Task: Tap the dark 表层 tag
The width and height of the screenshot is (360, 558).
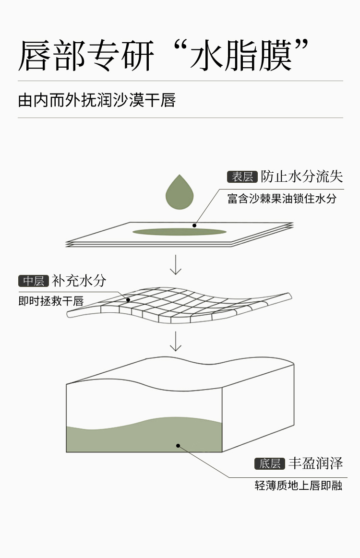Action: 242,177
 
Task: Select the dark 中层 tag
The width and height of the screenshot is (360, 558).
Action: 34,281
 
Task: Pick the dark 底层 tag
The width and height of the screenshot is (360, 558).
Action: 269,463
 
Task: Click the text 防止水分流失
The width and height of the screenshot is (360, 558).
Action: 302,177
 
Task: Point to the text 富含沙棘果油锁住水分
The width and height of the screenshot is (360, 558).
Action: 282,198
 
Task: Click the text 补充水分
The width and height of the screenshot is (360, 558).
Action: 79,281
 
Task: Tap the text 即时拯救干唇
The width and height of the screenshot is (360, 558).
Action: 51,301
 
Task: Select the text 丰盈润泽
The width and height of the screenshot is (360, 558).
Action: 315,463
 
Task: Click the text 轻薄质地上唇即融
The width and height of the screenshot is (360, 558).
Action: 298,486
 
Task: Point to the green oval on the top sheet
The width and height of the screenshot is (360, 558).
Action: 179,232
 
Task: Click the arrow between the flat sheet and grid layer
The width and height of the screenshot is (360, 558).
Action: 176,265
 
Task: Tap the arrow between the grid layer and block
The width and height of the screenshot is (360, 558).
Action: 176,341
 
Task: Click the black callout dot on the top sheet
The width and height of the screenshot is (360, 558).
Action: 194,225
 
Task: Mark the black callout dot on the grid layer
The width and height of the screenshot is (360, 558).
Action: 128,300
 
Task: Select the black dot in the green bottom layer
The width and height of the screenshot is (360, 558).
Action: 178,445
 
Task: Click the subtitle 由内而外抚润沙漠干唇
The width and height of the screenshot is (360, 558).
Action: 96,100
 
